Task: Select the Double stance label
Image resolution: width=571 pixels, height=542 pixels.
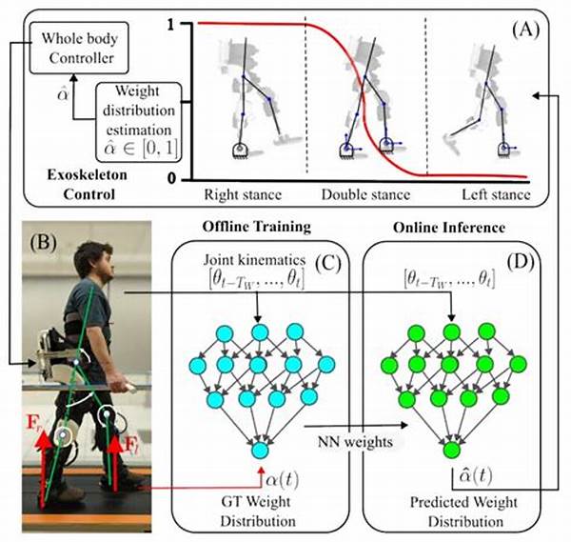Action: (x=365, y=196)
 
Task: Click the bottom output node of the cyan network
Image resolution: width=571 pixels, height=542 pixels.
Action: (x=259, y=449)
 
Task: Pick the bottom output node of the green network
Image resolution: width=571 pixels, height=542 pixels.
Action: (x=452, y=449)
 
